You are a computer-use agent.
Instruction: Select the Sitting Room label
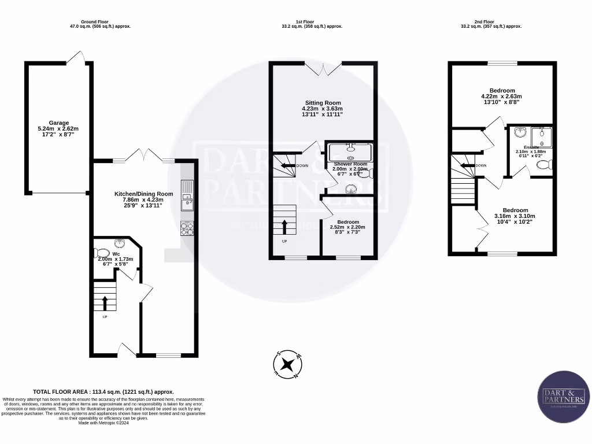click(323, 108)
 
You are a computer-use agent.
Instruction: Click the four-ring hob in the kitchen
click(187, 228)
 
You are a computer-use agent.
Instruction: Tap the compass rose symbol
click(287, 364)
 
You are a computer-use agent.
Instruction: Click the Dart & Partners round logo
click(565, 398)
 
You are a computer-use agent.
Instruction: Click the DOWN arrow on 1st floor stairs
click(287, 166)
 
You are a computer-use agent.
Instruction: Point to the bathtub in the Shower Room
click(350, 153)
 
